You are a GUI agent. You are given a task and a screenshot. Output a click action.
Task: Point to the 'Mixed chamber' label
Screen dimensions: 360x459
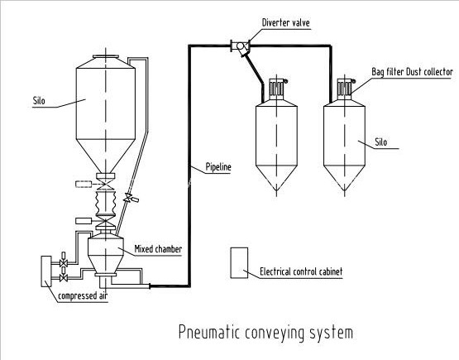(x=149, y=247)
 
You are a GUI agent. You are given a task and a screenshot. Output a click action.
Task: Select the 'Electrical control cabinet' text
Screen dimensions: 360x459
(x=301, y=271)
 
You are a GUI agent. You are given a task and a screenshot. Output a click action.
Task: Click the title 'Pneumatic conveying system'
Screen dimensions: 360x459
(x=265, y=333)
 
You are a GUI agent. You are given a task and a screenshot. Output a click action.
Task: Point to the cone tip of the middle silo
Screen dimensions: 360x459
(x=276, y=190)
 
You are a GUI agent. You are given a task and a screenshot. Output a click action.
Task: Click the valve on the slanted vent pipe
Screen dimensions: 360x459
(x=127, y=199)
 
